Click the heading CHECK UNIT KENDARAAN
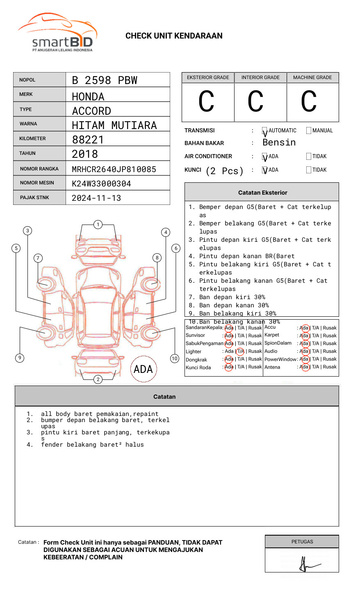(174, 36)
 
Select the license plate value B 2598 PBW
(105, 80)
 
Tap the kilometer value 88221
(88, 140)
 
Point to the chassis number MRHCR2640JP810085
(114, 169)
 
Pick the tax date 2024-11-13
(96, 198)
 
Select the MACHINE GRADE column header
(312, 77)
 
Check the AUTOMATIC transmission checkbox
(265, 131)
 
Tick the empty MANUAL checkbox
(309, 131)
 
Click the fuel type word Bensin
(279, 143)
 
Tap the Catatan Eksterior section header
(262, 193)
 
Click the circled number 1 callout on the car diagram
(98, 225)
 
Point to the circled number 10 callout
(175, 359)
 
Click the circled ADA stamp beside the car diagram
(143, 369)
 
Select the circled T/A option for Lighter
(240, 351)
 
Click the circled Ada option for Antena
(304, 367)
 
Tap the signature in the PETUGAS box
(306, 565)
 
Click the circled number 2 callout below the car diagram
(98, 379)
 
